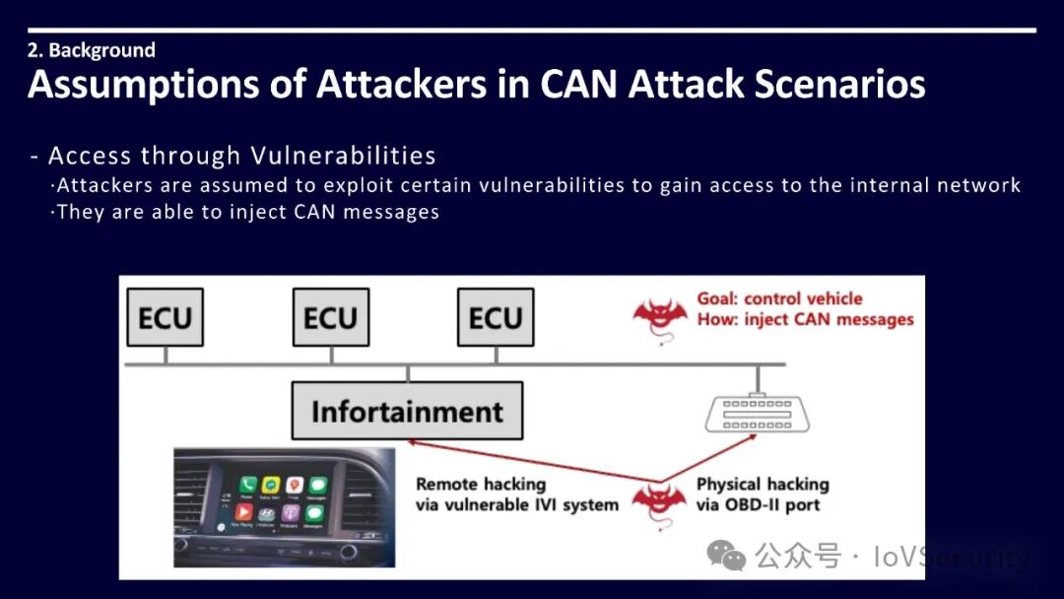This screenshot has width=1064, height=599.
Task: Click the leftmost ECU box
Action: pyautogui.click(x=165, y=317)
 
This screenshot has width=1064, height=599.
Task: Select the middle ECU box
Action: pyautogui.click(x=330, y=317)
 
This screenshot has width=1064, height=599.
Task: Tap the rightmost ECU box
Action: pyautogui.click(x=495, y=317)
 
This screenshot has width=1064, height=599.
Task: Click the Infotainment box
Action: pyautogui.click(x=407, y=411)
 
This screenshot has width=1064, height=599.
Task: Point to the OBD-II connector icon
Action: pyautogui.click(x=758, y=413)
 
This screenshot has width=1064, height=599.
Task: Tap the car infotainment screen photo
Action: pyautogui.click(x=284, y=506)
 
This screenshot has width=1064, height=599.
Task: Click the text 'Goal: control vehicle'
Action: pyautogui.click(x=779, y=299)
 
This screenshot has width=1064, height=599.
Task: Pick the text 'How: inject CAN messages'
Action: pyautogui.click(x=805, y=319)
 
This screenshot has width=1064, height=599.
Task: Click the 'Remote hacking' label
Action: pyautogui.click(x=481, y=484)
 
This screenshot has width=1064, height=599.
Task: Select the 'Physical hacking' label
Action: pyautogui.click(x=763, y=484)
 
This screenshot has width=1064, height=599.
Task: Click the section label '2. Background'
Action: pyautogui.click(x=91, y=50)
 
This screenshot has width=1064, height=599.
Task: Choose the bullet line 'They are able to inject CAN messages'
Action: pyautogui.click(x=247, y=212)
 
